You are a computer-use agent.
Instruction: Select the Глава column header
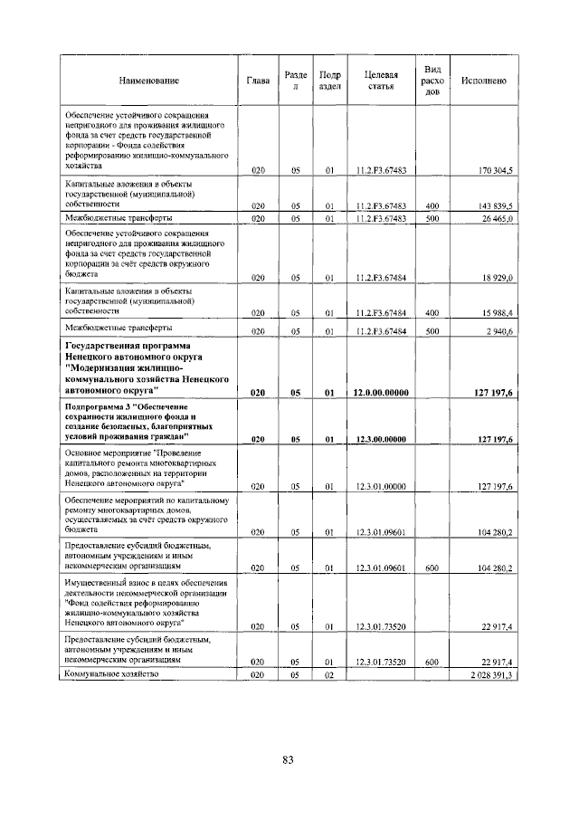click(257, 81)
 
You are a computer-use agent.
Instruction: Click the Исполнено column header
click(483, 81)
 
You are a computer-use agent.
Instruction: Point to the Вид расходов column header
click(432, 81)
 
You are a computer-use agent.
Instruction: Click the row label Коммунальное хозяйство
click(111, 675)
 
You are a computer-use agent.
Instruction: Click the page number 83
click(288, 759)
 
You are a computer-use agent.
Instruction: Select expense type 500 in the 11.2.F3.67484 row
click(432, 332)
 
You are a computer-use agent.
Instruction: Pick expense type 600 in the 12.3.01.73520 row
click(432, 662)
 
